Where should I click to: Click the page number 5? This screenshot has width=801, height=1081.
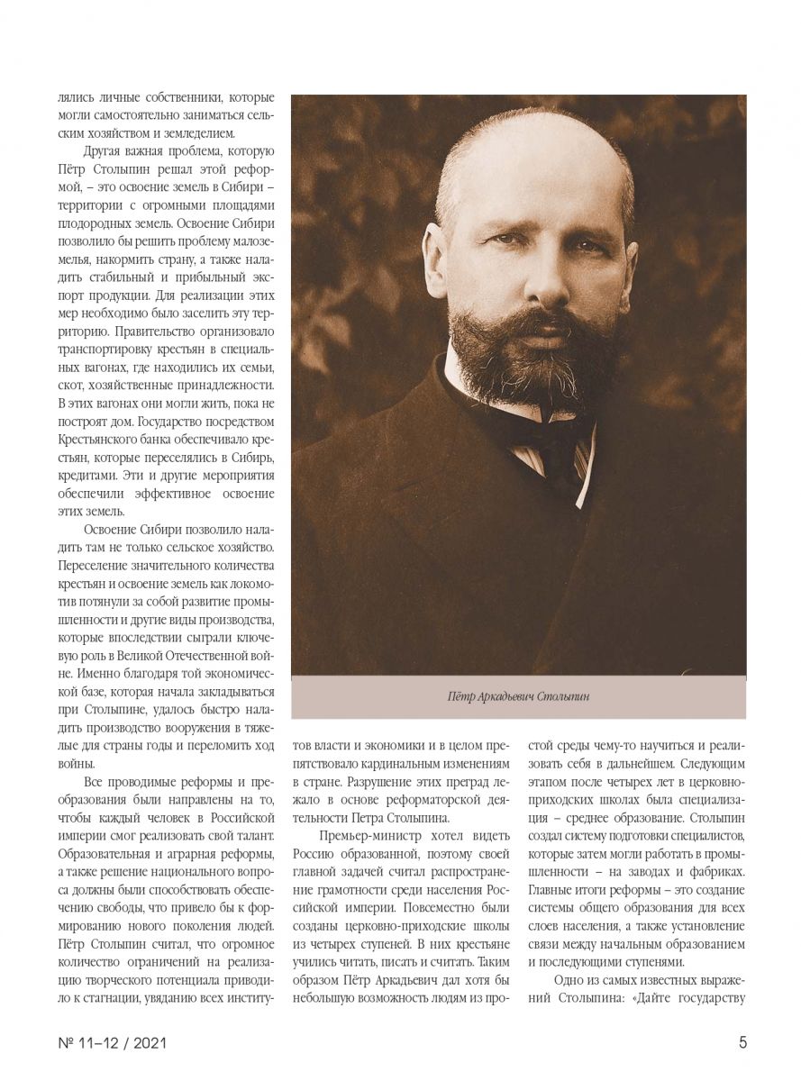742,1043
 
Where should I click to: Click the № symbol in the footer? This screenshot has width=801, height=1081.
64,1043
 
